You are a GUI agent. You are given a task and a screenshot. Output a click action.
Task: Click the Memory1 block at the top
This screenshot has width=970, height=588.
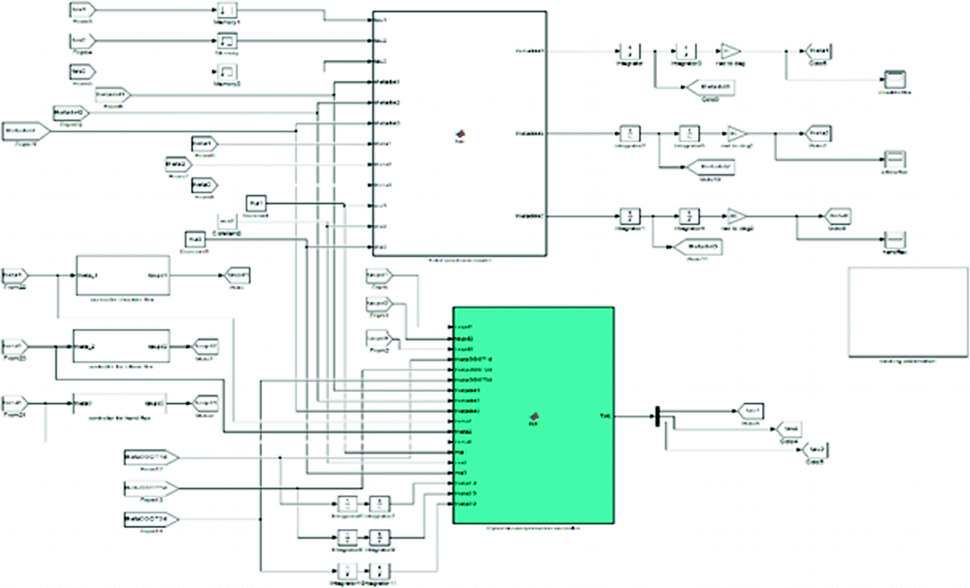(227, 11)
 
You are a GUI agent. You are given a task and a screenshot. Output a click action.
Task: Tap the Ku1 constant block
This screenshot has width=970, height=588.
(256, 204)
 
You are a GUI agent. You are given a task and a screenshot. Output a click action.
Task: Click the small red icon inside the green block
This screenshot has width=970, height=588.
(534, 416)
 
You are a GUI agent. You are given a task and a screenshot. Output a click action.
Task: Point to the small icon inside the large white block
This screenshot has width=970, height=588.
(460, 134)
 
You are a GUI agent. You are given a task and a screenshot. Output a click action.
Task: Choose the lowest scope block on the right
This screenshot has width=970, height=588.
(893, 239)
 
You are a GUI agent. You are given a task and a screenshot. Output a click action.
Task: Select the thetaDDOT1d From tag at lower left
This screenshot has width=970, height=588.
(150, 458)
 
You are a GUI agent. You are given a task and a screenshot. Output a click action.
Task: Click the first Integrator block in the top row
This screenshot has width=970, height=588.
(630, 51)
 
